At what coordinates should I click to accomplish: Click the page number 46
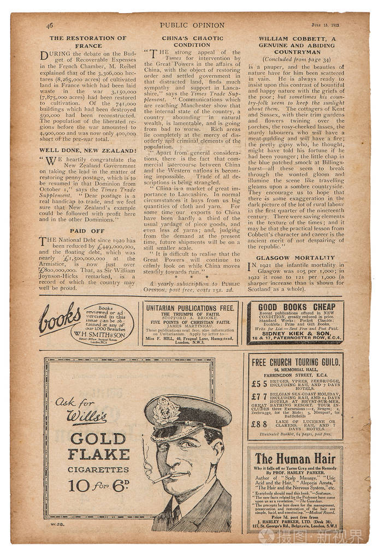pos(50,25)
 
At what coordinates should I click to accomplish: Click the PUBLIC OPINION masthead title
pos(192,25)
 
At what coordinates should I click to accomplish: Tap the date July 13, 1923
pos(327,25)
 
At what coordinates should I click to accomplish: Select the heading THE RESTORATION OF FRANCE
pos(88,42)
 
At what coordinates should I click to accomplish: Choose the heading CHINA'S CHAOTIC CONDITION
pos(192,42)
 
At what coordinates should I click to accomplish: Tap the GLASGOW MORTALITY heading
pos(295,257)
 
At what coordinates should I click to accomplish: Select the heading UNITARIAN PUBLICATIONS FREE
pos(189,308)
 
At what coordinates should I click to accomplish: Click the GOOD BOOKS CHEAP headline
pos(297,307)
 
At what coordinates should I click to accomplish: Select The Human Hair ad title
pos(295,458)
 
